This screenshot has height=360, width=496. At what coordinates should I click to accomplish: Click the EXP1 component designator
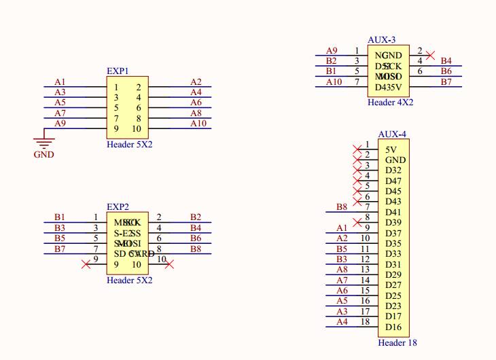(x=118, y=71)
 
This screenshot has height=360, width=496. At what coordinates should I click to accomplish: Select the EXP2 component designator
(x=118, y=206)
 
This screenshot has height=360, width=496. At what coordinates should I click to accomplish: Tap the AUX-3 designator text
(x=381, y=41)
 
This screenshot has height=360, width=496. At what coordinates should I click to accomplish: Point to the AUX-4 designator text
(x=392, y=134)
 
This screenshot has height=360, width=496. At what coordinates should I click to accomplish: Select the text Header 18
(x=397, y=343)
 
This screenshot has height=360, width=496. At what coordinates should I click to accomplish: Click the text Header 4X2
(x=390, y=102)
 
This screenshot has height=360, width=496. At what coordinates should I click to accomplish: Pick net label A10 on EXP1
(x=198, y=124)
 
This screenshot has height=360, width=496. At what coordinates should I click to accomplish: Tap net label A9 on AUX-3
(x=332, y=51)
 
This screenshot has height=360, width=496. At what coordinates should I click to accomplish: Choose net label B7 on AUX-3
(x=446, y=82)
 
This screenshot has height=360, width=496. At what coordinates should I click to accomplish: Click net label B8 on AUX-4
(x=342, y=206)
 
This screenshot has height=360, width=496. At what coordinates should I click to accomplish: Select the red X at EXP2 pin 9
(x=86, y=264)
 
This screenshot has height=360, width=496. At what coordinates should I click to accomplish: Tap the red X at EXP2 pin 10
(x=170, y=264)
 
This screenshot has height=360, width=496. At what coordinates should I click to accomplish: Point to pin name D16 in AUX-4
(x=393, y=327)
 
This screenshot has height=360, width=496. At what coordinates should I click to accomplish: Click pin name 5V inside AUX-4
(x=391, y=150)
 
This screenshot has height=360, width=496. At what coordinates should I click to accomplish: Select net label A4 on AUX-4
(x=342, y=322)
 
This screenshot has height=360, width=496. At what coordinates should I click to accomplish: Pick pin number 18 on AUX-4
(x=365, y=321)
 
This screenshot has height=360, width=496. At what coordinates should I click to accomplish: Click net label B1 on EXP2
(x=60, y=217)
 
